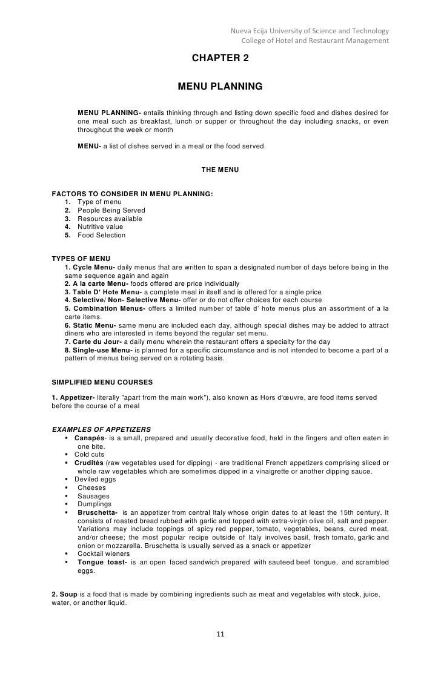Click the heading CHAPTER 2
pos(220,58)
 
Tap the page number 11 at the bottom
pos(220,634)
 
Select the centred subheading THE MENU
pos(220,170)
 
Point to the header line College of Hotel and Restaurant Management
pos(315,41)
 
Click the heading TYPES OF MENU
pos(81,259)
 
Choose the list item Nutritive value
pos(101,227)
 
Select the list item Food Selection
pos(102,236)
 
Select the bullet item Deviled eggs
pos(95,479)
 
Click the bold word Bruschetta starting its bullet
pos(97,512)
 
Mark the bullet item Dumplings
pos(94,504)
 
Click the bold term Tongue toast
pos(101,562)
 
